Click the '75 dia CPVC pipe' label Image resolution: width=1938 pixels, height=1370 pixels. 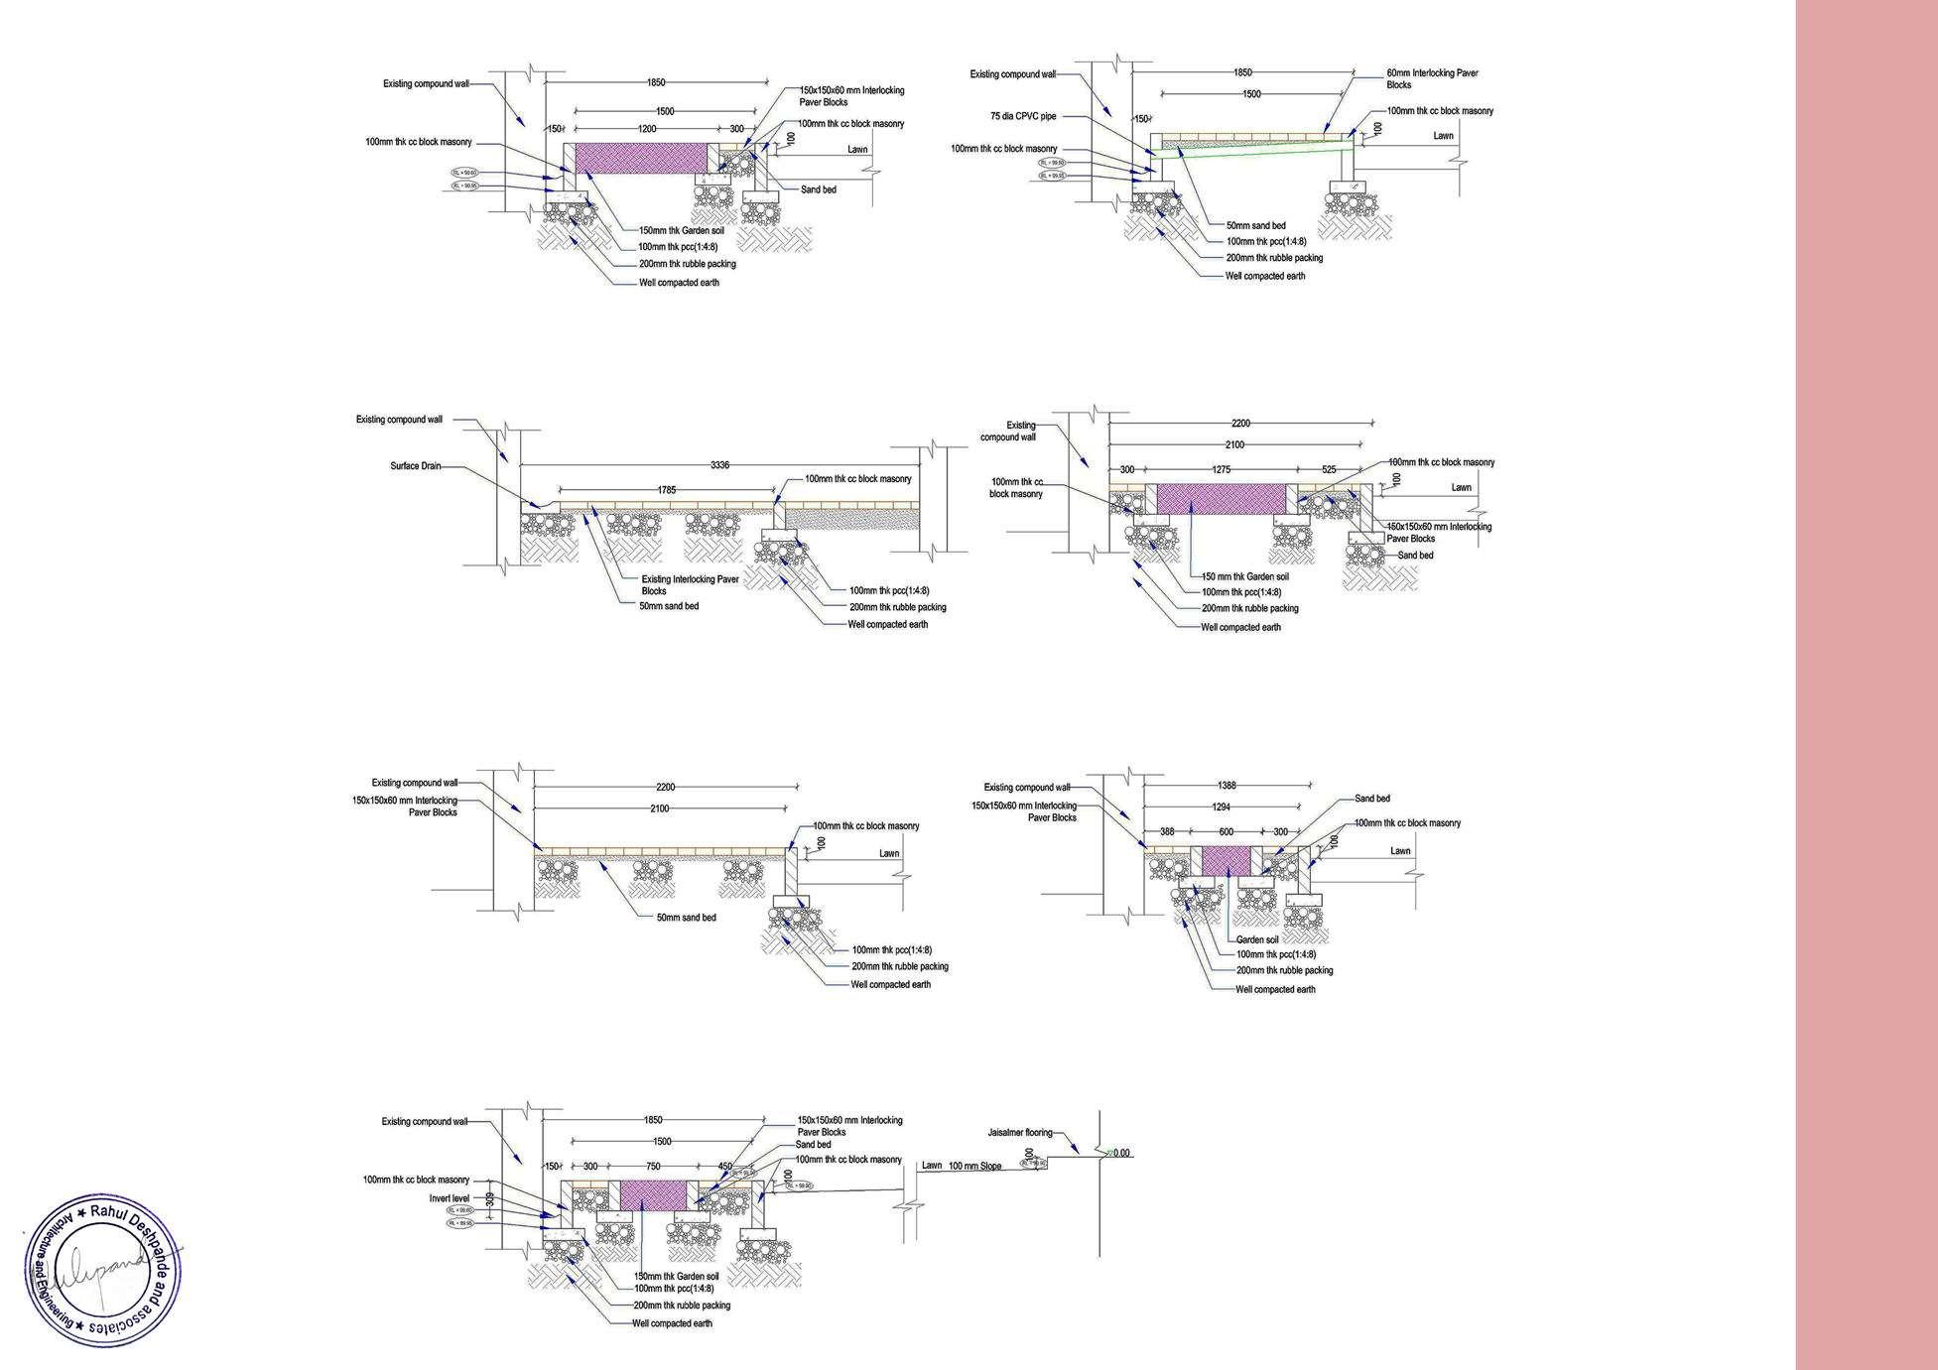coord(1023,116)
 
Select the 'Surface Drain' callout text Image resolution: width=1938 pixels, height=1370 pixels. coord(416,465)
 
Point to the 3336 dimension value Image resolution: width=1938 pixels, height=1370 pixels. coord(719,464)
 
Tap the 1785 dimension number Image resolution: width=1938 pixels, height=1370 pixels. coord(666,489)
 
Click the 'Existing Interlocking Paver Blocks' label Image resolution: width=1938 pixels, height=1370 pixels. coord(690,584)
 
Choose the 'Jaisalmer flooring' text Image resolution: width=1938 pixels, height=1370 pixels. coord(1019,1132)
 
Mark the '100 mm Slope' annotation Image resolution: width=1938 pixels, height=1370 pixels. coord(974,1166)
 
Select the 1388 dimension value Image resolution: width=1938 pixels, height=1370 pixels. coord(1227,786)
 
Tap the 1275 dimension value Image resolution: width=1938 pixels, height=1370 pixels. coord(1222,469)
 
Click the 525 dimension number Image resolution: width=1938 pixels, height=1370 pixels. coord(1329,469)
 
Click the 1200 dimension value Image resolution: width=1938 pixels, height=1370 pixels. coord(646,129)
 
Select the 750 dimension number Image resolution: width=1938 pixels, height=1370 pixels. coord(652,1167)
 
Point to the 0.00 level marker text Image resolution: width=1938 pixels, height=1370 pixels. coord(1121,1153)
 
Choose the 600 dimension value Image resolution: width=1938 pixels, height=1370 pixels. coord(1227,832)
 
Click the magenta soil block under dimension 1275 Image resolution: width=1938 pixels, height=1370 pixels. coord(1221,499)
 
